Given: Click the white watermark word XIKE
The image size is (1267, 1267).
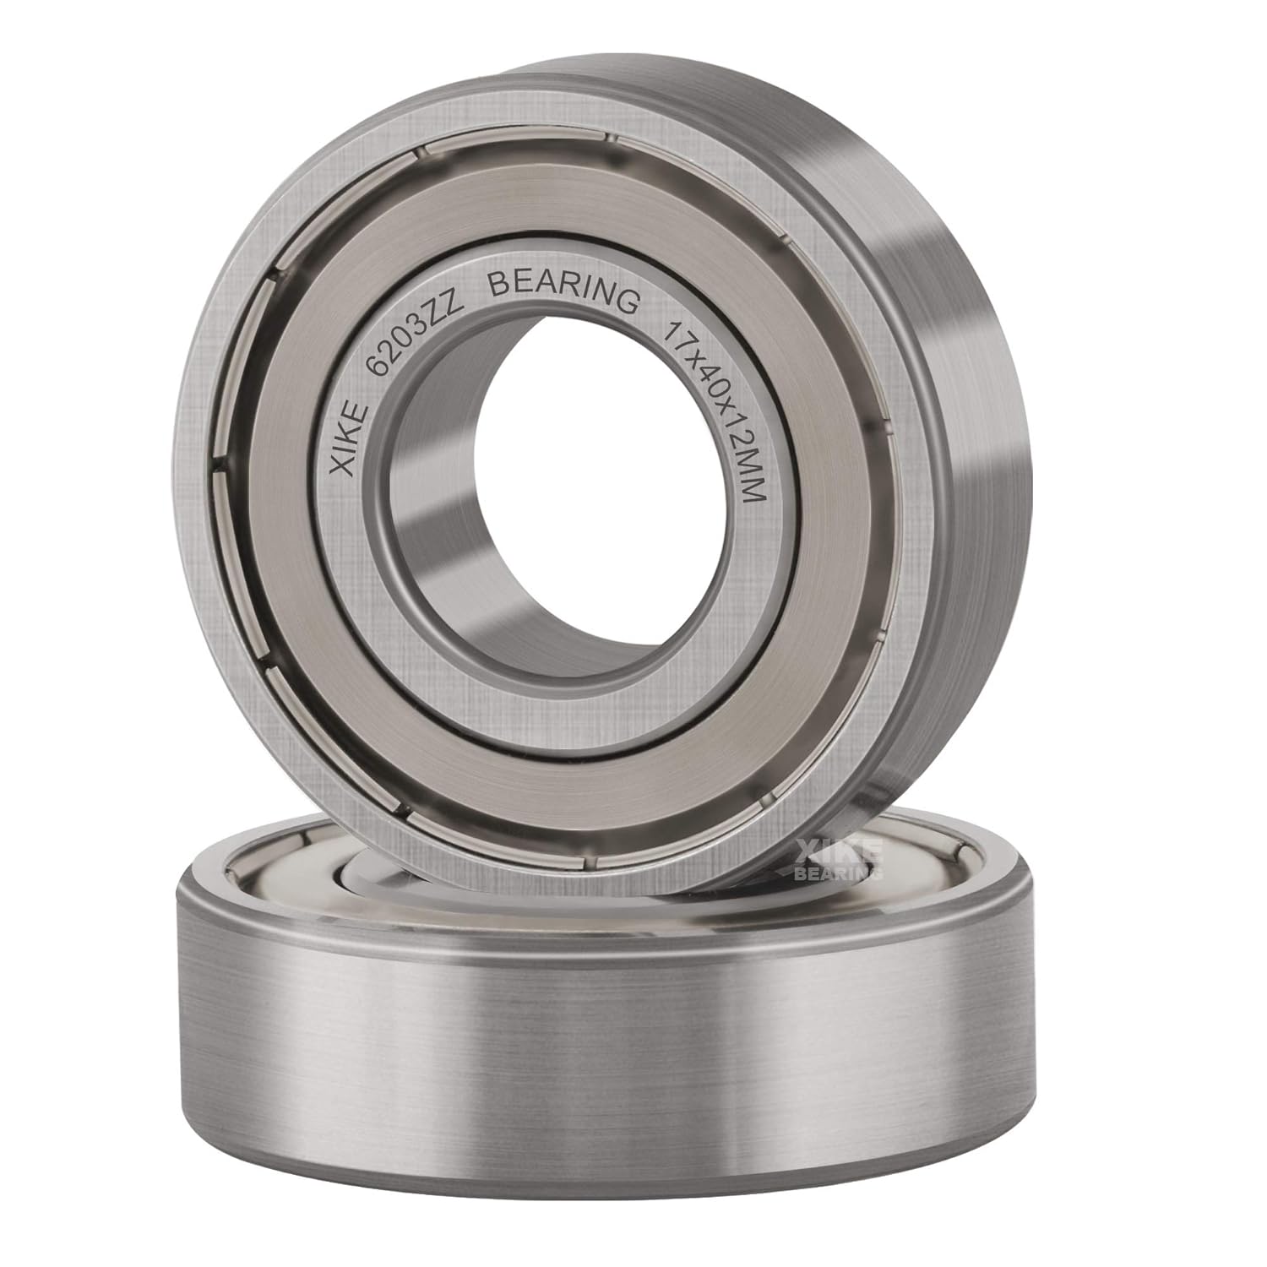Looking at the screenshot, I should click(837, 851).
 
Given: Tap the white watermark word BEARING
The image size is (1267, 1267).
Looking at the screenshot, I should click(837, 872).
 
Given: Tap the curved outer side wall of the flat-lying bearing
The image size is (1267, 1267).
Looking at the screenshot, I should click(591, 1056).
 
